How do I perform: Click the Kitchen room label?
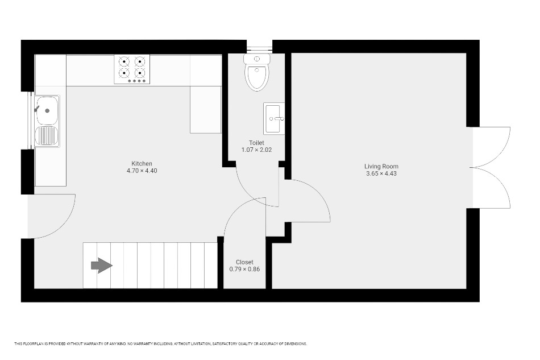coord(142,164)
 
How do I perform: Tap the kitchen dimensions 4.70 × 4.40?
coord(142,171)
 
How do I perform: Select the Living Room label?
coord(381,167)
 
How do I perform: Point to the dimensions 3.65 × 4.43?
coord(381,173)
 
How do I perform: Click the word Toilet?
coord(256,143)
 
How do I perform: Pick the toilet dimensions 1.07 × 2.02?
coord(256,150)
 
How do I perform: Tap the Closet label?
coord(244,262)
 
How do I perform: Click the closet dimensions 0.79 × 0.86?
coord(244,269)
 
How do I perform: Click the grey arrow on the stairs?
coord(102,266)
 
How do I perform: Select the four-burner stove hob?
coord(132,69)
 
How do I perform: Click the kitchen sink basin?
coord(48,110)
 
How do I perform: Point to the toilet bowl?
coord(256,77)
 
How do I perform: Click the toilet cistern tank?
coord(256,59)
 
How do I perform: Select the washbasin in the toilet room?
coord(274,118)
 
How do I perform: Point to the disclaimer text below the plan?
coord(160,344)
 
